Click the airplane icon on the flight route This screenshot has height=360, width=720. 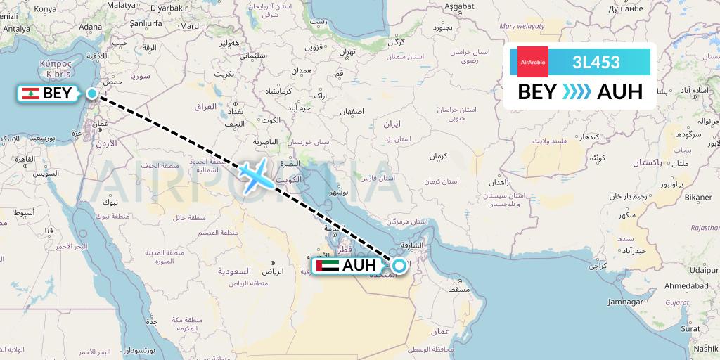click(254, 174)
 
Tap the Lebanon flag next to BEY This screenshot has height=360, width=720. click(30, 94)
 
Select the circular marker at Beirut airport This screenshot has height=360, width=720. click(92, 94)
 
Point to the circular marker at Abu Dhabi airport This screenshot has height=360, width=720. click(399, 265)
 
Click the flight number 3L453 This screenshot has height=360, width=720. click(596, 62)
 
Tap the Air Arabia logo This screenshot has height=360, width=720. click(532, 62)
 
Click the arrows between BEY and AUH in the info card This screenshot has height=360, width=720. click(577, 91)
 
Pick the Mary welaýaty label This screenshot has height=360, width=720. click(522, 26)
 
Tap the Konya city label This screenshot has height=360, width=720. click(45, 9)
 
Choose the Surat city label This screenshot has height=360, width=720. click(690, 327)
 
